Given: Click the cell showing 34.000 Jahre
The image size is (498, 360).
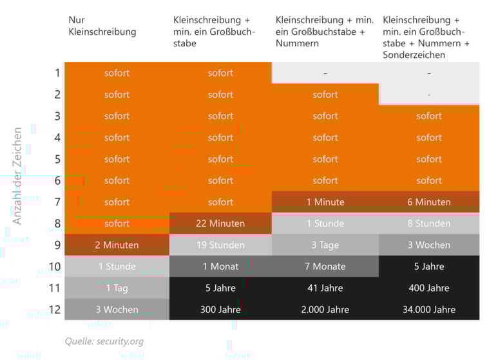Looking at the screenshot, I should tap(429, 309).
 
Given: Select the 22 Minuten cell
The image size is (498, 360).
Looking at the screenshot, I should tap(220, 223).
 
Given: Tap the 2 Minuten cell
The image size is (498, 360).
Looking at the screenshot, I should tap(117, 245).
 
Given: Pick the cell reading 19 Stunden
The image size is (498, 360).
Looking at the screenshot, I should tap(220, 245).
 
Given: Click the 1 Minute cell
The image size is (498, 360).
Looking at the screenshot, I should tap(325, 202).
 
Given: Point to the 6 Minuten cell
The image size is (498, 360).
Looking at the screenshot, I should tap(429, 202).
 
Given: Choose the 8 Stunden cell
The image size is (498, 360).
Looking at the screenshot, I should tap(429, 223).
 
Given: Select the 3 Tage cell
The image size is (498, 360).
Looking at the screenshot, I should tap(325, 245).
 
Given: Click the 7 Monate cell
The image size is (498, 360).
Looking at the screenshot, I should tap(325, 266).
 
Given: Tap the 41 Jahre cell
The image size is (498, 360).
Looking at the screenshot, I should tap(325, 288).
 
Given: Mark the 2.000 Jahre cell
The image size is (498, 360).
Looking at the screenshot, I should tap(325, 309).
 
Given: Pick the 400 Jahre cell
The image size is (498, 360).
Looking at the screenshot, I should tap(429, 288).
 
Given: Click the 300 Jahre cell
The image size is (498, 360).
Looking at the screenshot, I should tap(220, 309).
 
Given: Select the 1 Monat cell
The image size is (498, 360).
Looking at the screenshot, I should tap(220, 266).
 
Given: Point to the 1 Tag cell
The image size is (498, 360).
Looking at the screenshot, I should tap(117, 288).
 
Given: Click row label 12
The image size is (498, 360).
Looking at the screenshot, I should tap(54, 309).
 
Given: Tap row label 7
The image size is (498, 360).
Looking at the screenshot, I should tap(57, 202).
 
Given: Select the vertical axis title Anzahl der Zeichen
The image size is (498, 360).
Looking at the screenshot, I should tap(17, 175).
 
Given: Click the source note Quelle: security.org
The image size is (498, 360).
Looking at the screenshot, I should tap(104, 341).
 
